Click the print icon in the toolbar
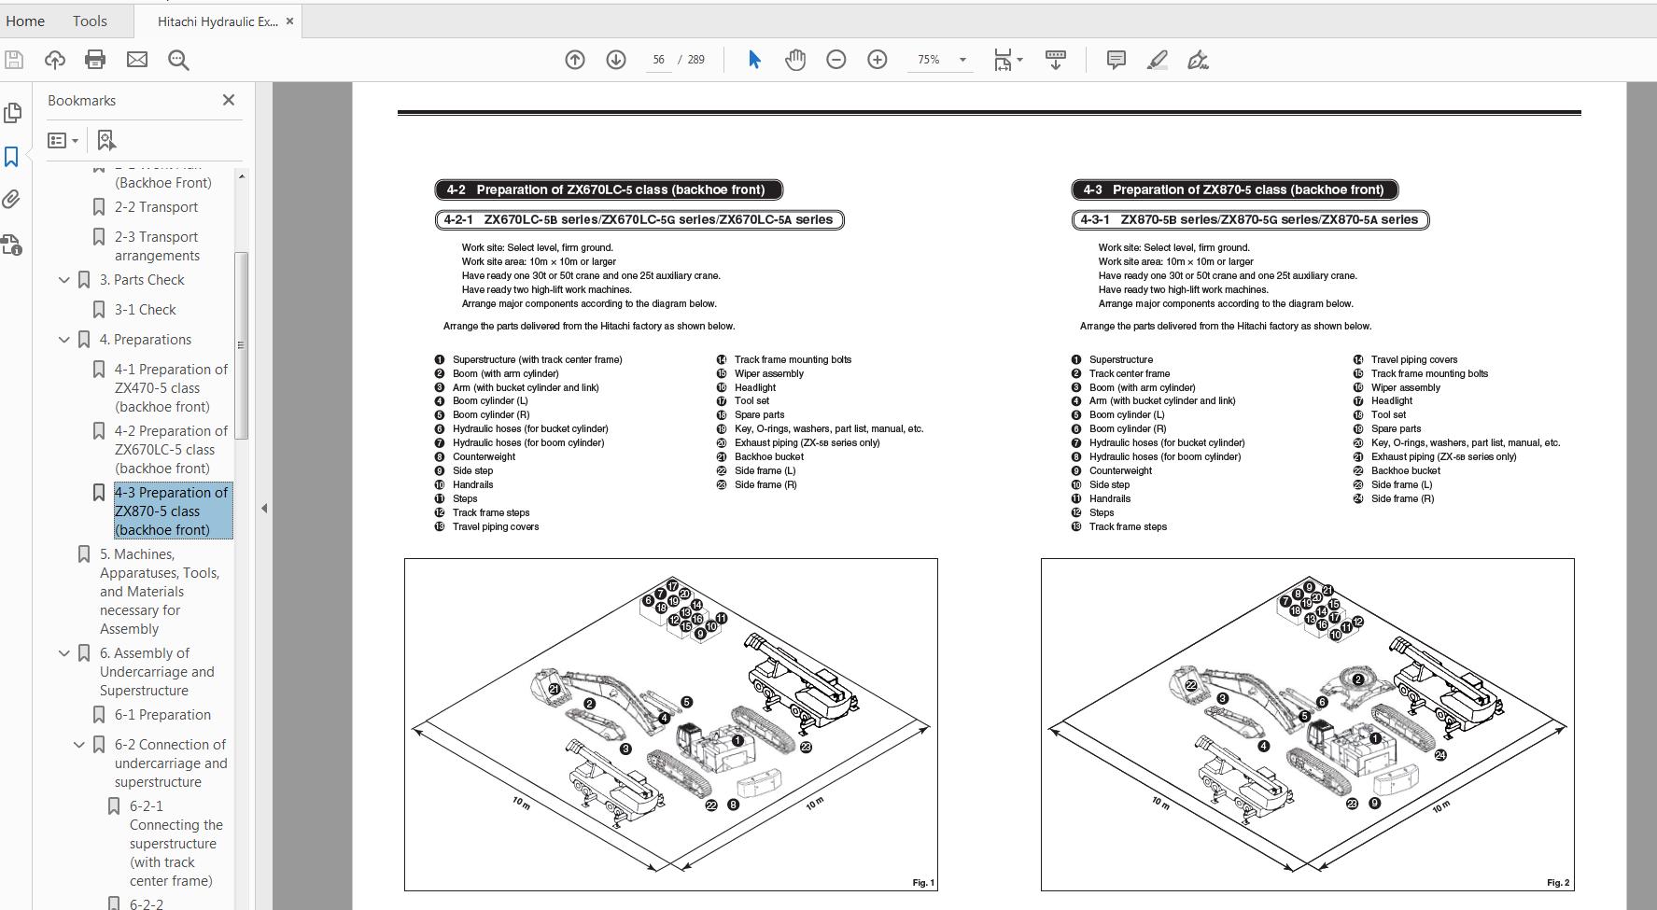point(95,60)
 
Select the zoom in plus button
point(877,60)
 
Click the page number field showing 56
point(658,60)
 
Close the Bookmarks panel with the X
point(229,100)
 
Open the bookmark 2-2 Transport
point(156,207)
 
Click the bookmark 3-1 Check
point(145,310)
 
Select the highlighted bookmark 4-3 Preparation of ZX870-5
point(171,511)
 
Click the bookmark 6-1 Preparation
point(162,715)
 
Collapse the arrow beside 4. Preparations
point(64,340)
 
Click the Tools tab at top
point(90,21)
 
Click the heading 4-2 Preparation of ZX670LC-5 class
point(609,189)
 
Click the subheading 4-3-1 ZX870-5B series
point(1250,220)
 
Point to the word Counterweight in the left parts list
point(484,456)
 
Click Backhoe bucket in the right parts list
point(1405,470)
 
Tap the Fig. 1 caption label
point(922,882)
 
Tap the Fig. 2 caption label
point(1557,882)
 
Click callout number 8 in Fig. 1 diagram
point(733,805)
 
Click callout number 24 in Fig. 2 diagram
point(1440,755)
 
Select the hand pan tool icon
point(794,60)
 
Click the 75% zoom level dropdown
point(940,60)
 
